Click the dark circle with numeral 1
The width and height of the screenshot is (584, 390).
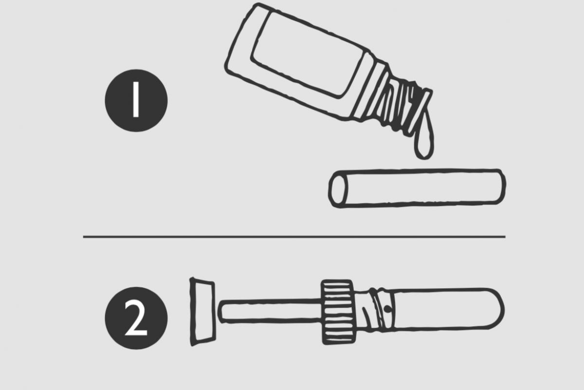(136, 100)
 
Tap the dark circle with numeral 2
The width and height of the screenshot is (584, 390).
(136, 318)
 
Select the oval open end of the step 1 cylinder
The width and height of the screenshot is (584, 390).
(338, 189)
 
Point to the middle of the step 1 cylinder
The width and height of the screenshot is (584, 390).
(417, 188)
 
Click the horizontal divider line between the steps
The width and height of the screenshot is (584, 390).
(294, 237)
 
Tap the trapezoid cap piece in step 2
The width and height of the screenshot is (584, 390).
(203, 312)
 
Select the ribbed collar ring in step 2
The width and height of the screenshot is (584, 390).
(338, 312)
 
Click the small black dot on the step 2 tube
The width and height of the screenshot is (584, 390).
(388, 309)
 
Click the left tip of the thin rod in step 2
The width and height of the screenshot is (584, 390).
(219, 312)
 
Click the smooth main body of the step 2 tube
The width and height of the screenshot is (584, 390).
(443, 309)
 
